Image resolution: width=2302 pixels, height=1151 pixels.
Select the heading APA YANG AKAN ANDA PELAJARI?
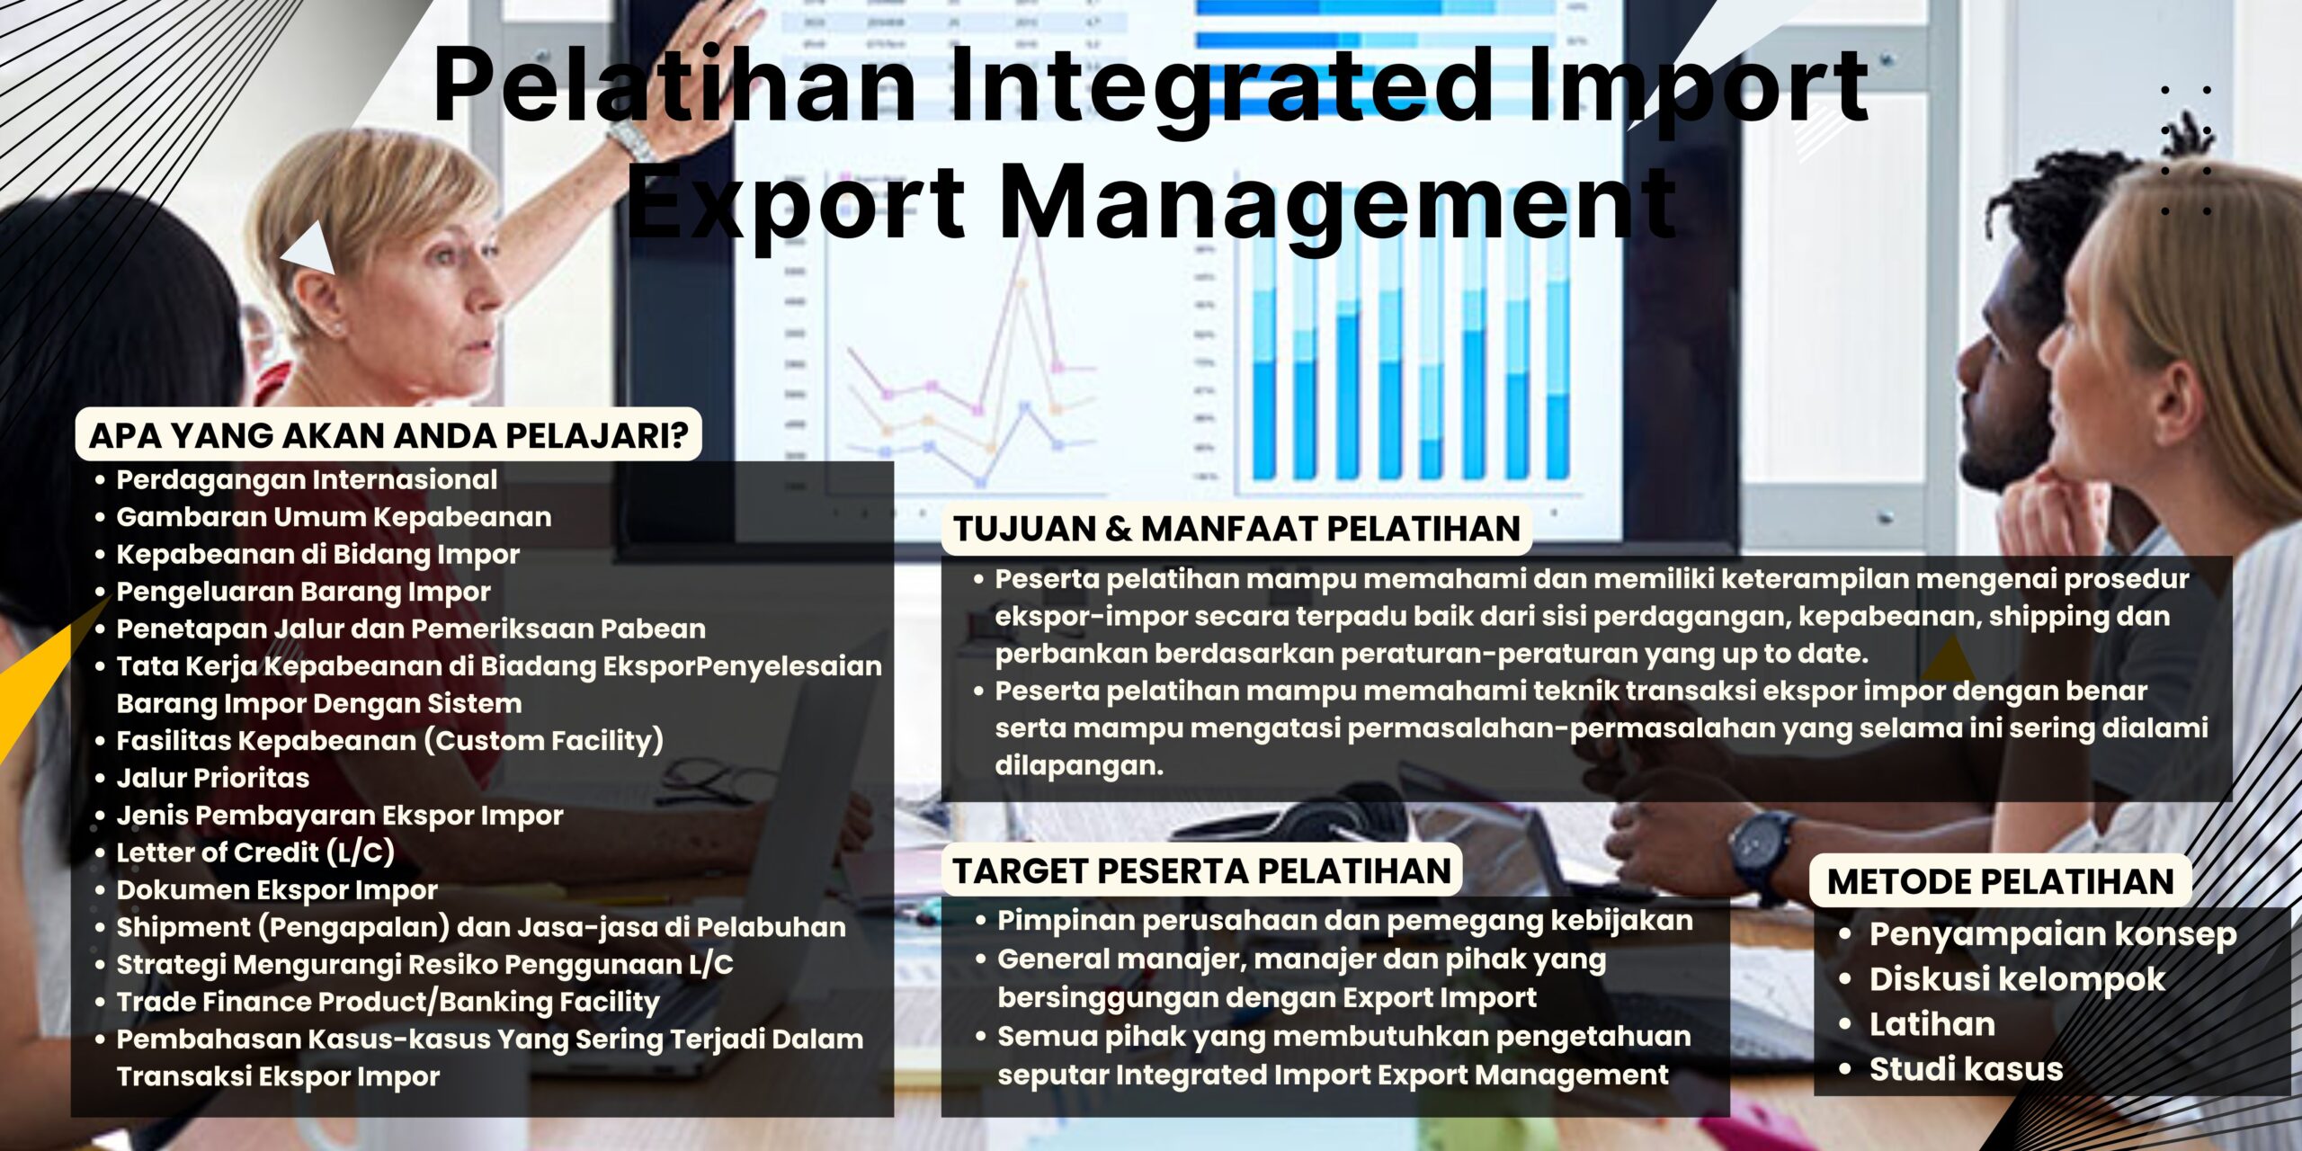click(x=388, y=435)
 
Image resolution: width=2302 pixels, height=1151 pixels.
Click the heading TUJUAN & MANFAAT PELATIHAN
click(x=1236, y=529)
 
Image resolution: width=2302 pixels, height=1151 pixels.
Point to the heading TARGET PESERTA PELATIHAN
click(x=1201, y=871)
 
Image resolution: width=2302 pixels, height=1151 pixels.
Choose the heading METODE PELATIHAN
click(x=2000, y=881)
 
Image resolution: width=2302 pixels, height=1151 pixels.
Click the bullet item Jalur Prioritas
click(x=212, y=778)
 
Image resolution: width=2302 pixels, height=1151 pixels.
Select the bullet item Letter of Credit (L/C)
click(x=255, y=852)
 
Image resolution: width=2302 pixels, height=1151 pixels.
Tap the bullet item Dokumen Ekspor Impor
click(x=277, y=890)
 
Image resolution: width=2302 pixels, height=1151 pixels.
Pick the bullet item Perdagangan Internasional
click(x=307, y=480)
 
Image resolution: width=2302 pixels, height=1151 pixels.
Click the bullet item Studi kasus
click(x=1966, y=1069)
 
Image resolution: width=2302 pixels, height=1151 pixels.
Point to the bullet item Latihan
click(x=1932, y=1024)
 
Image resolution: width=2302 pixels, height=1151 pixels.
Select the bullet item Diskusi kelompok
click(x=2017, y=979)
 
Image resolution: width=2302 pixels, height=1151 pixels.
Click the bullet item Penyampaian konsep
click(x=2053, y=934)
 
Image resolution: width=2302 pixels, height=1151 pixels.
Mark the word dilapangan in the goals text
click(x=1079, y=766)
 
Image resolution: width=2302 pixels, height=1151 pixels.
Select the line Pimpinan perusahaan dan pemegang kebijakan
click(x=1345, y=921)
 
